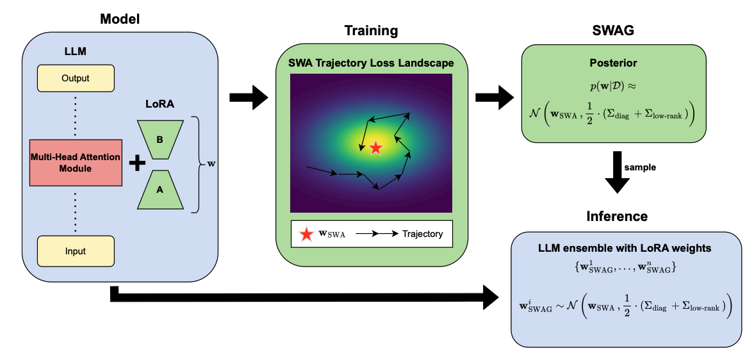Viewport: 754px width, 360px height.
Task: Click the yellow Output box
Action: click(x=76, y=78)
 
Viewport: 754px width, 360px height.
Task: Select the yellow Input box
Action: click(x=76, y=251)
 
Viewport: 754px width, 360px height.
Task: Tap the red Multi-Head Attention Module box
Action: click(x=76, y=163)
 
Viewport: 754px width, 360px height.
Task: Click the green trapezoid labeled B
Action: click(x=160, y=138)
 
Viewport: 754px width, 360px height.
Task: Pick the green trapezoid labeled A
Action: click(x=160, y=190)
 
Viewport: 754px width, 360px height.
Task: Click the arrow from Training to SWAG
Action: click(x=494, y=97)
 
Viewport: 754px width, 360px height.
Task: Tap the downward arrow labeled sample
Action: click(x=619, y=171)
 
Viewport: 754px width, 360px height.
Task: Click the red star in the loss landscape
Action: click(x=375, y=148)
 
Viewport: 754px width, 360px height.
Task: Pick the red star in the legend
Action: click(x=306, y=234)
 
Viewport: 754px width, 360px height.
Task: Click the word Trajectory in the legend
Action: click(x=422, y=234)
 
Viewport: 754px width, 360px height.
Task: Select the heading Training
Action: click(x=371, y=31)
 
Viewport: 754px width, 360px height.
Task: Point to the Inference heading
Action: click(x=617, y=217)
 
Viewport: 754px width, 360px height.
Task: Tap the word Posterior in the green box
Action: click(x=614, y=63)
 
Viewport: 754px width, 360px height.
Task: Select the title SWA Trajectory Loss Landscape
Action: click(x=371, y=63)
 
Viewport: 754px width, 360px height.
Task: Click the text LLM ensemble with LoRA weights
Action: click(x=625, y=248)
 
